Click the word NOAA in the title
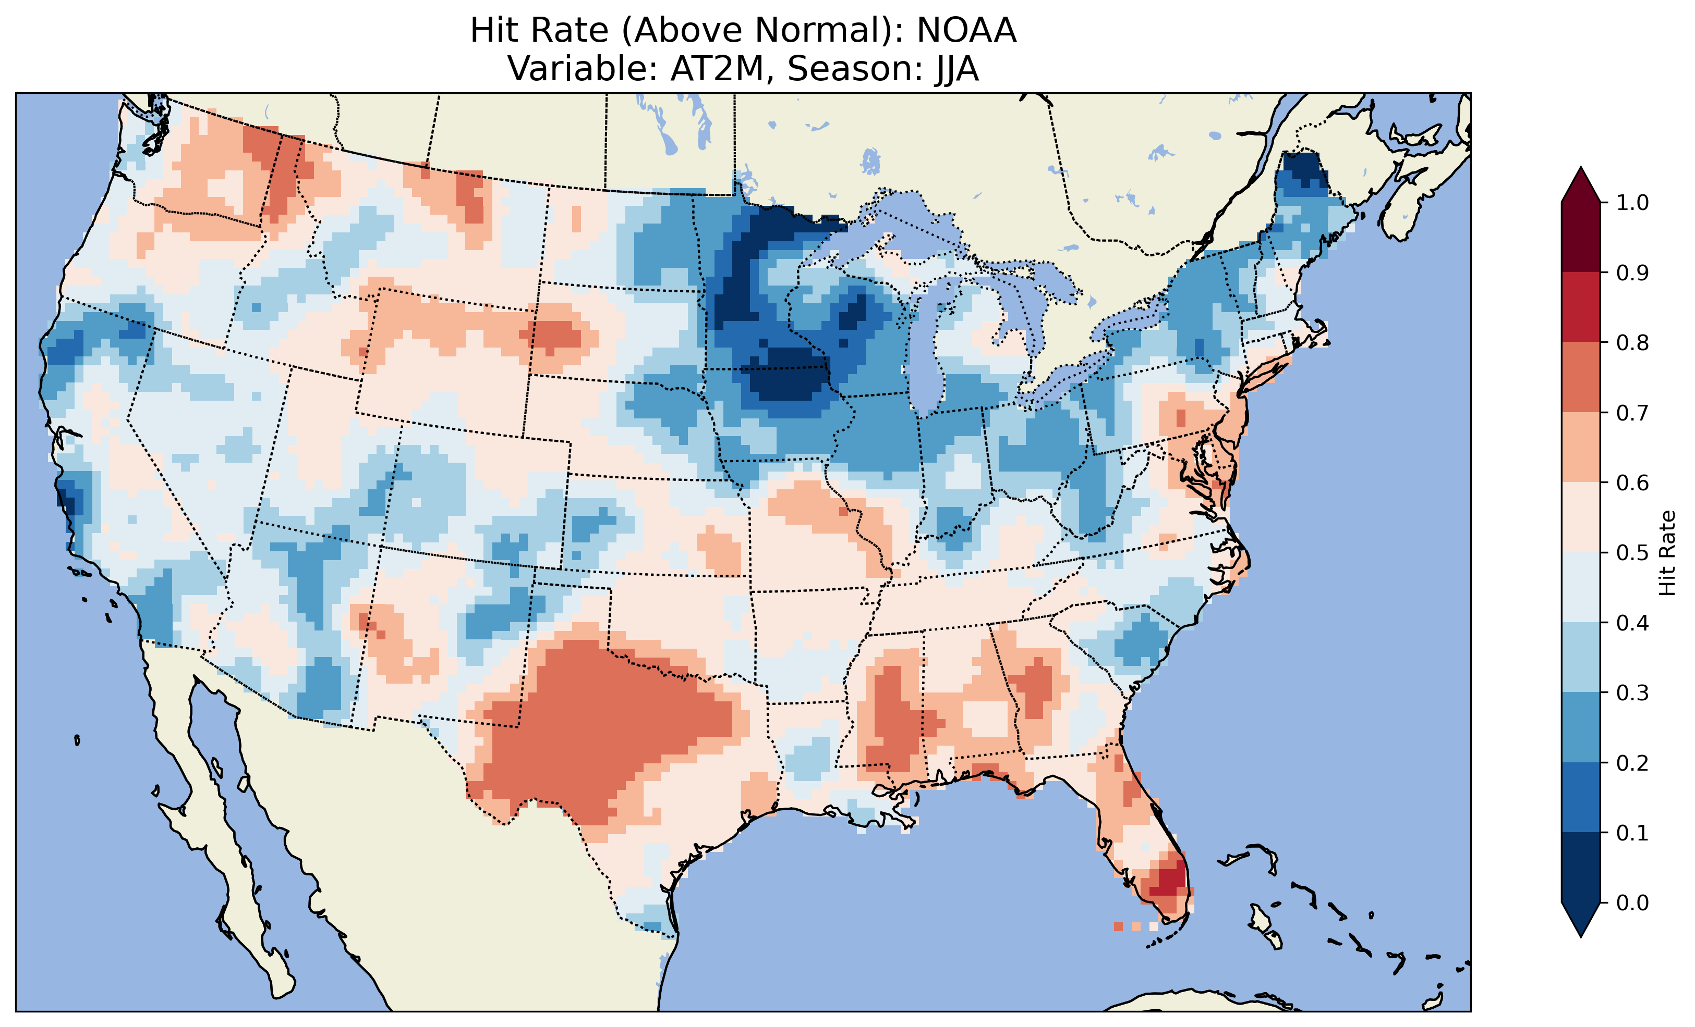pyautogui.click(x=966, y=31)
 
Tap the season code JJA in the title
pyautogui.click(x=956, y=69)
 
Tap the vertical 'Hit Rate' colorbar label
pyautogui.click(x=1667, y=553)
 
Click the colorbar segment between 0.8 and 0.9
pyautogui.click(x=1581, y=306)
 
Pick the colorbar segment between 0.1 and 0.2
pyautogui.click(x=1581, y=797)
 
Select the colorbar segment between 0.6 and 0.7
pyautogui.click(x=1581, y=447)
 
